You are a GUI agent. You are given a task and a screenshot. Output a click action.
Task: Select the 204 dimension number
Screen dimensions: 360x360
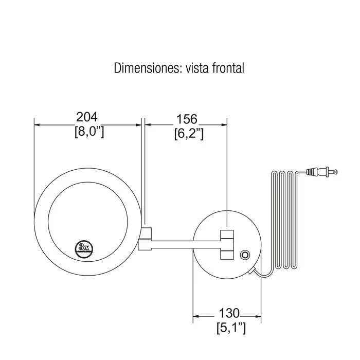coord(87,117)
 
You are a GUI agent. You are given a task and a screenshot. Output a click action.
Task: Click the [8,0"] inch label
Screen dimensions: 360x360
coord(89,132)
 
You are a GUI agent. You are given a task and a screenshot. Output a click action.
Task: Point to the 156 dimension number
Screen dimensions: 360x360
coord(186,119)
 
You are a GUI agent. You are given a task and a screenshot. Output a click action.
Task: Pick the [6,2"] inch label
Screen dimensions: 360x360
coord(189,133)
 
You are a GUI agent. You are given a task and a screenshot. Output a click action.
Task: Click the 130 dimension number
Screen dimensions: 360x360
coord(229,313)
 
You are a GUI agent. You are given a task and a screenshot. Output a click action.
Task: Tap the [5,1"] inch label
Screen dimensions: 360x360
coord(231,328)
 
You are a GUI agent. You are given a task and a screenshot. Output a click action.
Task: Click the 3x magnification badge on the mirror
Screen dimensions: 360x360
coord(84,248)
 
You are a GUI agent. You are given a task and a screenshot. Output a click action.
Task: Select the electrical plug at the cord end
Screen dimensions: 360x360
coord(322,171)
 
